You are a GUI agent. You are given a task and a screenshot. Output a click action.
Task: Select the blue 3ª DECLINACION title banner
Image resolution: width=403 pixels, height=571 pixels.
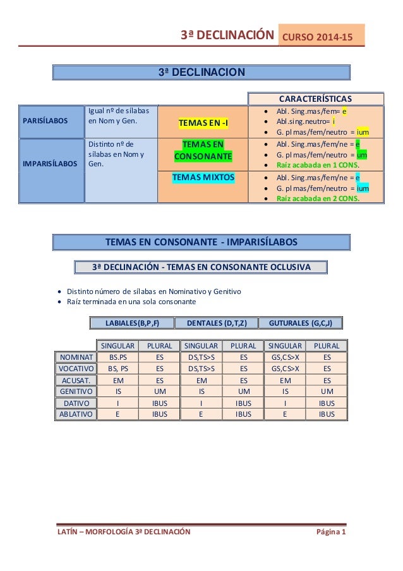click(201, 72)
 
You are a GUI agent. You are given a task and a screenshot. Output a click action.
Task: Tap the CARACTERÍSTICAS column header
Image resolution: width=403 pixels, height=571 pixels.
click(316, 99)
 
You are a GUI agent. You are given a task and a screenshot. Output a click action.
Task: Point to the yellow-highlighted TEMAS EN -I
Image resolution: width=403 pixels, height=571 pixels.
click(203, 121)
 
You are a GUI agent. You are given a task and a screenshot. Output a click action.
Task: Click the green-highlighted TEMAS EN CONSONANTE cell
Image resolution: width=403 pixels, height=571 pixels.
click(203, 150)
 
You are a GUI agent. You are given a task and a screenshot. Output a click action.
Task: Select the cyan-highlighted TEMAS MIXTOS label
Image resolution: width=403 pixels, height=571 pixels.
click(203, 178)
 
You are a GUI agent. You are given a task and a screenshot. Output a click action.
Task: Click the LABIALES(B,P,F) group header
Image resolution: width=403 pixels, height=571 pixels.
click(132, 323)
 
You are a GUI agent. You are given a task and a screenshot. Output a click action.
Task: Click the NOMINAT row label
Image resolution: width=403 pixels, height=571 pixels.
click(75, 357)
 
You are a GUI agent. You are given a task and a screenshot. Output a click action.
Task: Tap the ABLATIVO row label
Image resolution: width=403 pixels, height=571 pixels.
click(75, 414)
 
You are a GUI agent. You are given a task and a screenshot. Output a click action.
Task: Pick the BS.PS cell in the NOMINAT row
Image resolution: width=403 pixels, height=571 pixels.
click(117, 357)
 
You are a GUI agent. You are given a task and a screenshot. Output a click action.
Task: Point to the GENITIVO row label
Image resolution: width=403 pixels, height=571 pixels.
click(75, 391)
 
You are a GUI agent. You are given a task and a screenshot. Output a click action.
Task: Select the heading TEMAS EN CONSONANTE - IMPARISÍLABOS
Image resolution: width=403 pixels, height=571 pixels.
click(200, 242)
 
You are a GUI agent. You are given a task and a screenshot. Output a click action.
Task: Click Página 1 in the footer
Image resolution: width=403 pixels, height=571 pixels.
click(331, 532)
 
